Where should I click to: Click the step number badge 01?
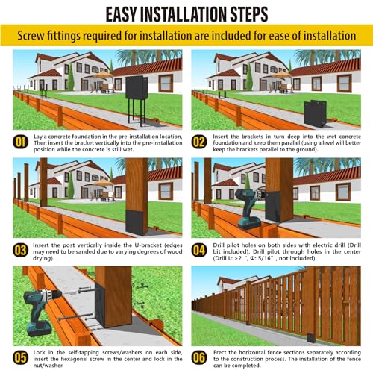point(20,142)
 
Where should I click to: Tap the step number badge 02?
point(199,142)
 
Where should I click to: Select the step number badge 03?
point(20,250)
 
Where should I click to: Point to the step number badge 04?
point(199,250)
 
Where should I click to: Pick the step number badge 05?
point(20,357)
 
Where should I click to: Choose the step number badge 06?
point(199,357)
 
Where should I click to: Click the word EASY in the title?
point(121,14)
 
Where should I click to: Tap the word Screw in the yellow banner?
point(31,36)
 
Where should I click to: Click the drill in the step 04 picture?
point(248,208)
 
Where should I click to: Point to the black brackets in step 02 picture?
point(315,113)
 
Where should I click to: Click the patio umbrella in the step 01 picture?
point(103,74)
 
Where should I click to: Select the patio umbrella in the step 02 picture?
point(281,74)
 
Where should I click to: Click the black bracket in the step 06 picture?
point(311,337)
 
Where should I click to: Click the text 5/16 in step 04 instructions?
point(266,258)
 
